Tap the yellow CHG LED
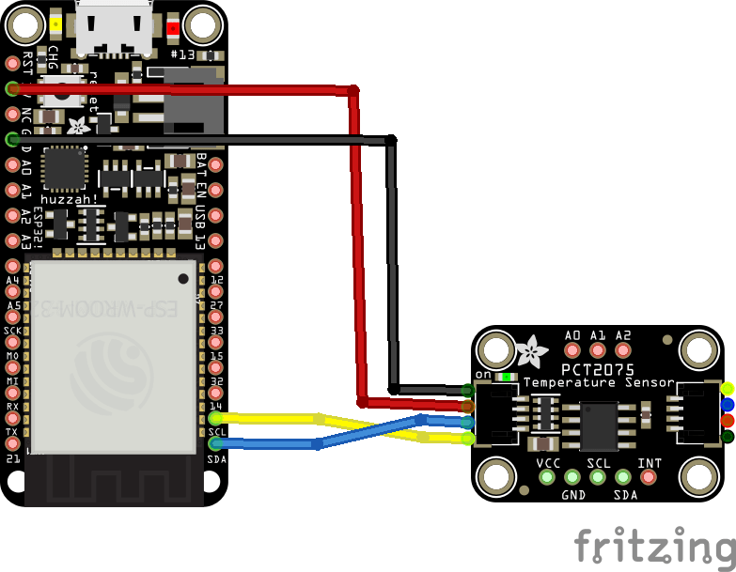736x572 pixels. [x=57, y=26]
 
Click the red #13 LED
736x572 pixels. [x=172, y=28]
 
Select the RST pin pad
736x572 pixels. [x=12, y=64]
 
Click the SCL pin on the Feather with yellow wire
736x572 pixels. [x=215, y=418]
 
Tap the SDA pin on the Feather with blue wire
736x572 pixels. [x=215, y=443]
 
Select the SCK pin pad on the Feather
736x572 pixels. [x=12, y=332]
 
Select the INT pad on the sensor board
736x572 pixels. [x=649, y=476]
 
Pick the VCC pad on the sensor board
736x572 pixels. [x=547, y=476]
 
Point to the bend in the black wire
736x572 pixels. [x=391, y=140]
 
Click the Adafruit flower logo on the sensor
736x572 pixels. [x=531, y=352]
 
